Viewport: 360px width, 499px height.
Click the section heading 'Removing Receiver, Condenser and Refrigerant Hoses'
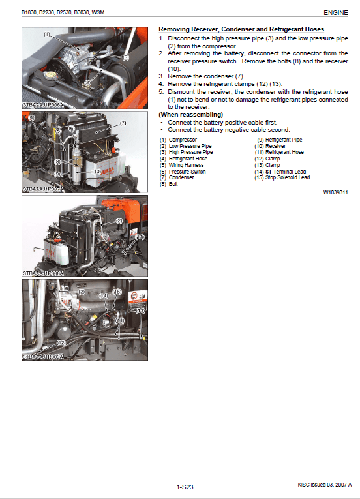click(241, 30)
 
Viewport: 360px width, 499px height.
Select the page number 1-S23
click(185, 487)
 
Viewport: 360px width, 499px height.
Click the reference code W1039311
click(337, 193)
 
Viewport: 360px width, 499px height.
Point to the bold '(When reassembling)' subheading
click(191, 115)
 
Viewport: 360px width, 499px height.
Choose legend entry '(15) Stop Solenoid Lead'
click(282, 177)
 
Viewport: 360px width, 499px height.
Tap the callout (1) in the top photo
click(47, 34)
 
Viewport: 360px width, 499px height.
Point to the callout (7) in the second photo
click(123, 123)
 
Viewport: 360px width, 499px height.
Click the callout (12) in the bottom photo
click(61, 342)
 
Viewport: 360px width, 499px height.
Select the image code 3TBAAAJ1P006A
click(43, 104)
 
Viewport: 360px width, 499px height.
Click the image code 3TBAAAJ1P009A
click(43, 357)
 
